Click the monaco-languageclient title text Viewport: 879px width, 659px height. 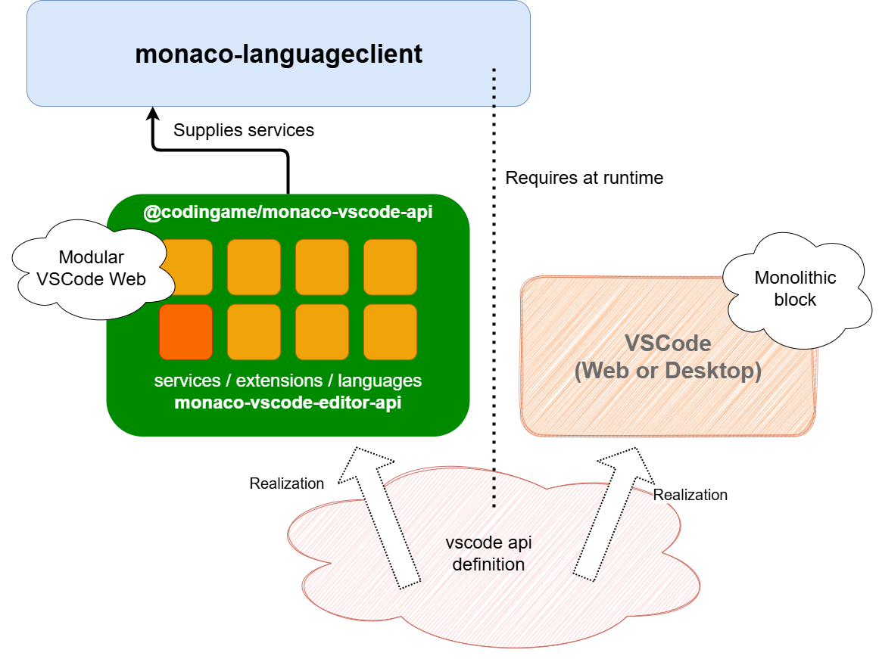[279, 54]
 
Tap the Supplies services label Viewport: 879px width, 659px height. [244, 130]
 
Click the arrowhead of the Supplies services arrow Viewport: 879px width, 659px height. [153, 115]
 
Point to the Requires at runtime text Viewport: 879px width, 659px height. [584, 178]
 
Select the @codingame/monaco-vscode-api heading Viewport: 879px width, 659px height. [288, 213]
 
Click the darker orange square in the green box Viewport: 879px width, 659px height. [185, 332]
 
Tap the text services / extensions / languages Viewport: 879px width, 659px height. [288, 381]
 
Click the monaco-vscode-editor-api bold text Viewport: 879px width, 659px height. [288, 403]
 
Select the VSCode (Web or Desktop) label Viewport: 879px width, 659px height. [667, 357]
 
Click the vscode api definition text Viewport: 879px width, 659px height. [485, 554]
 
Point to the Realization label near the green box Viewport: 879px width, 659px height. [286, 483]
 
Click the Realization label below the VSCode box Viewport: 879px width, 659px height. [690, 495]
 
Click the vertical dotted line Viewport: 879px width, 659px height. [494, 303]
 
